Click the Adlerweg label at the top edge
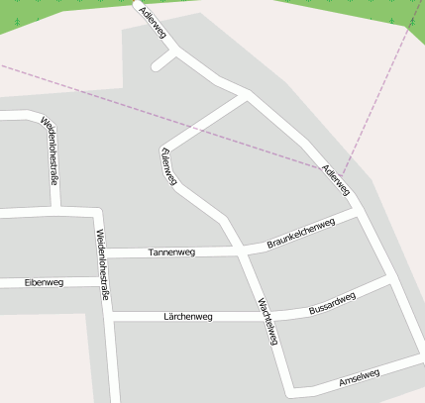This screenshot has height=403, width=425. coord(155,23)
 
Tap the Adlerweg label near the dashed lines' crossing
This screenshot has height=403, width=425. coord(336,177)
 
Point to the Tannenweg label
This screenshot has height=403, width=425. coord(171,252)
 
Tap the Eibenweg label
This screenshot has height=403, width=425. coord(44,282)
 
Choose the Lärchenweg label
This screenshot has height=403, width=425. coord(188,317)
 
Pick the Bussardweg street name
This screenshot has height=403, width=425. coord(332,303)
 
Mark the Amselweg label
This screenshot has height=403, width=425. coord(359,377)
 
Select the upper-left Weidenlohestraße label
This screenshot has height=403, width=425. coord(50,151)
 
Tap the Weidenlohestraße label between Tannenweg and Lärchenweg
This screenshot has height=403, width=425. coord(101,264)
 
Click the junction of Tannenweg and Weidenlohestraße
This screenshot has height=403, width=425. coord(104,252)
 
